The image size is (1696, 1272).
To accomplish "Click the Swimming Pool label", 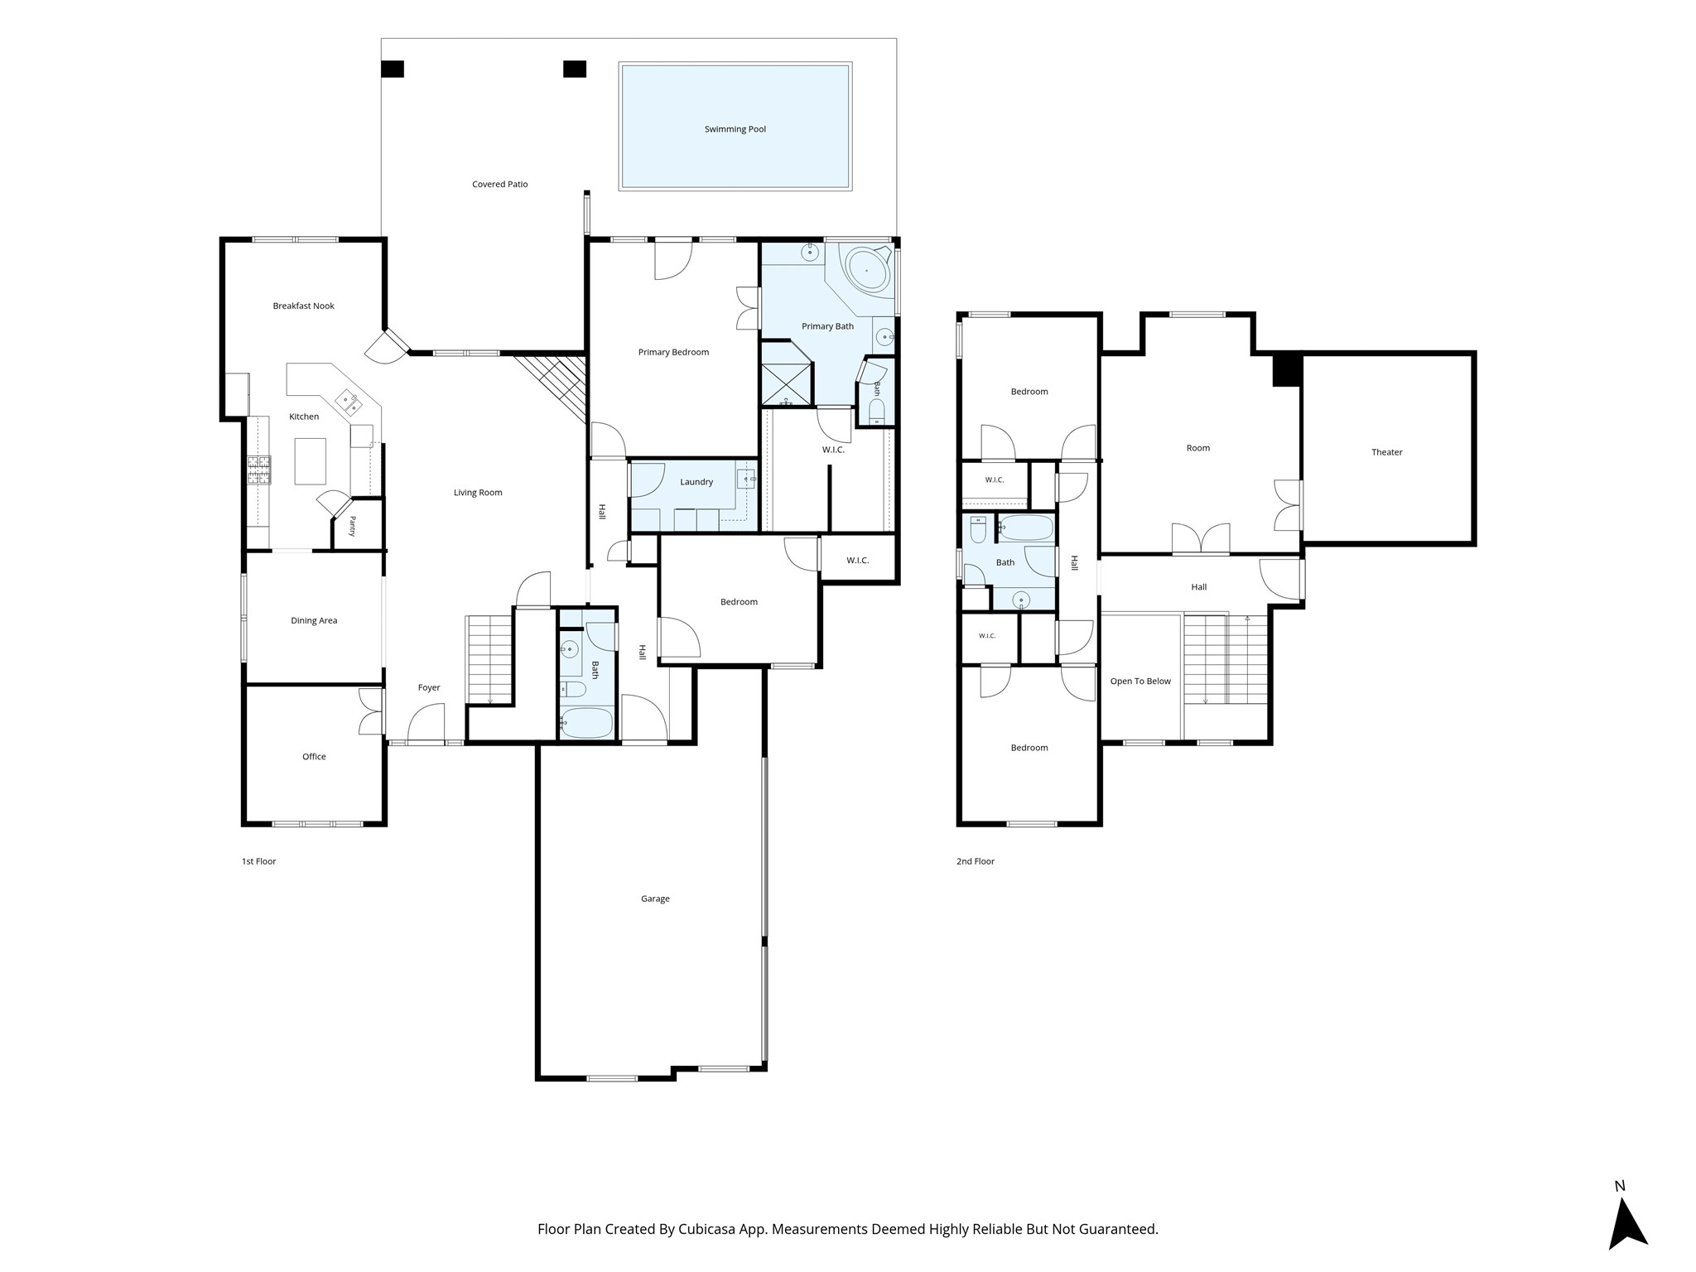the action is (x=735, y=129).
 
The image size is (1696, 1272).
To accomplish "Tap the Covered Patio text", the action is (x=500, y=184).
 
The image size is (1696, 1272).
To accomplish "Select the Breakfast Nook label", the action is (x=304, y=306).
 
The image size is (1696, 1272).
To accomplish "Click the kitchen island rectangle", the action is (x=311, y=461).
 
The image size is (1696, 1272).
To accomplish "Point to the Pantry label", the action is (x=352, y=527).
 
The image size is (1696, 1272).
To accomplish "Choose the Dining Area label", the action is (x=314, y=620).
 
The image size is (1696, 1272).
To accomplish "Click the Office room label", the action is (x=314, y=756).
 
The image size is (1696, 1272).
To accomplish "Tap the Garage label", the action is (x=655, y=899).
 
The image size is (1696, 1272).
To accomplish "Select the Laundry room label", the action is (x=696, y=482).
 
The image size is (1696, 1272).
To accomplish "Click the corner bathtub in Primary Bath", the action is (x=867, y=267).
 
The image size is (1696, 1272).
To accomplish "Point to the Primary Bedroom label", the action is (x=673, y=352).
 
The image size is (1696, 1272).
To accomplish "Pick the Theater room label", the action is (x=1387, y=452).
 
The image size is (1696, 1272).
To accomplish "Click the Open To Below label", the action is (x=1140, y=682).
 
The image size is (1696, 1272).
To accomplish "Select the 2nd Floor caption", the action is (x=976, y=861).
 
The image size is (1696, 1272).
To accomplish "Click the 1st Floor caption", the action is (x=258, y=861).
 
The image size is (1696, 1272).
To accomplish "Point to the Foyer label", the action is (x=429, y=687).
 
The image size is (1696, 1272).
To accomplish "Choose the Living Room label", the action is (x=478, y=493).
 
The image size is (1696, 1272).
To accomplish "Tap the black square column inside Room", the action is (x=1288, y=369).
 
